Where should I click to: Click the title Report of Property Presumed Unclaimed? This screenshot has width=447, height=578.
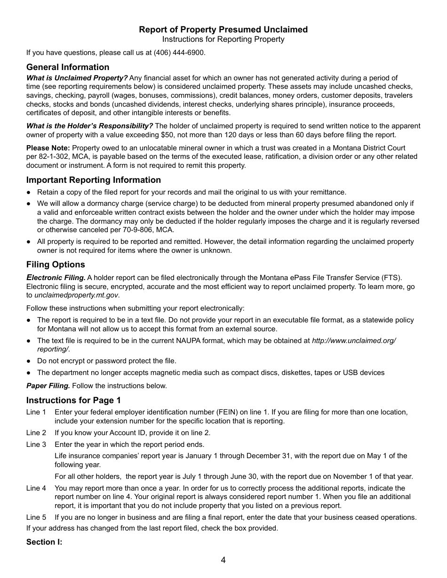click(x=223, y=30)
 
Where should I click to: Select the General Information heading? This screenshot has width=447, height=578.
click(x=68, y=67)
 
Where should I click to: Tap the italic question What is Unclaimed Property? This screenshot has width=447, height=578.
click(x=77, y=78)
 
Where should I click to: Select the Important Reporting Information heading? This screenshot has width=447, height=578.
click(x=94, y=180)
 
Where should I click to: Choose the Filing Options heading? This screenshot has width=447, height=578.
click(x=56, y=265)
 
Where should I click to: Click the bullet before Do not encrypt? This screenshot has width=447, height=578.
click(x=29, y=361)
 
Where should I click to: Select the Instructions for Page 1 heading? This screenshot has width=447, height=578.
click(x=73, y=400)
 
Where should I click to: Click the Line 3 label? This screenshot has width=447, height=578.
click(x=36, y=445)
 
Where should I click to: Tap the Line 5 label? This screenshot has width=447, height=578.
click(x=36, y=517)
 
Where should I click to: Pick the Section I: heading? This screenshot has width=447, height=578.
click(x=44, y=542)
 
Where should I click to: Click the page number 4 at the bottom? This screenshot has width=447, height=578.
click(x=223, y=560)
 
